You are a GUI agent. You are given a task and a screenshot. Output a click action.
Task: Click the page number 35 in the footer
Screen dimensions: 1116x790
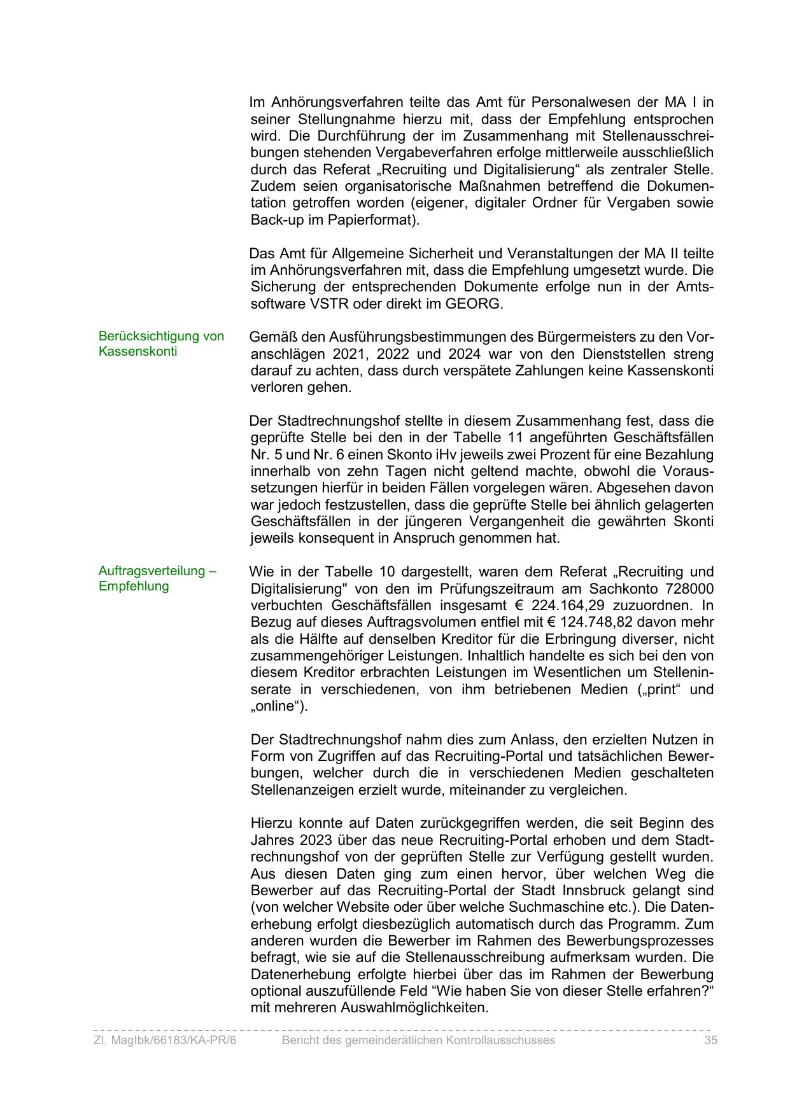[x=710, y=1040]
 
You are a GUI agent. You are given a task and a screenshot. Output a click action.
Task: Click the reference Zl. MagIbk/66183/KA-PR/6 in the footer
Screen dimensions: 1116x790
[x=164, y=1040]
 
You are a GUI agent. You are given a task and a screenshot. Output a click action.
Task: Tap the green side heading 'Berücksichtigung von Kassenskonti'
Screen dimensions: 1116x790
[x=161, y=344]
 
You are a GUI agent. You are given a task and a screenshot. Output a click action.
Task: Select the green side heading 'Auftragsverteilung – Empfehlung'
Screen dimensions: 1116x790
[x=157, y=578]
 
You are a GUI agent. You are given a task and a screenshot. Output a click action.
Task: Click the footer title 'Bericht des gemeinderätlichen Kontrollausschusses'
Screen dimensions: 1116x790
[x=418, y=1040]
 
